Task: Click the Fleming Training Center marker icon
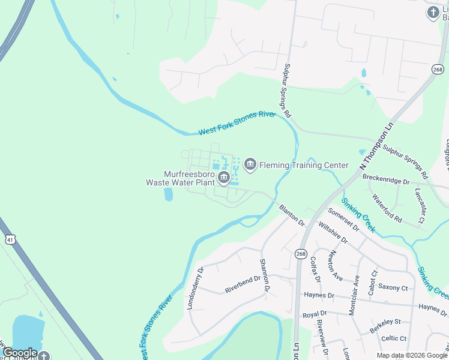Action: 250,164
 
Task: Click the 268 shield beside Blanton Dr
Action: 301,254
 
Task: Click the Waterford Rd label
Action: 386,207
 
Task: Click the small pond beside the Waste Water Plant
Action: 169,194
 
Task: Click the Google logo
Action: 20,353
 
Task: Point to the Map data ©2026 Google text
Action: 412,355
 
